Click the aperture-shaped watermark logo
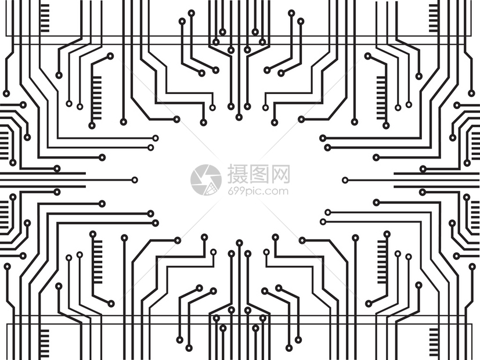tap(205, 179)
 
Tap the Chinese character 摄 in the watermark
tap(238, 174)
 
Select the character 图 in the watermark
tap(259, 174)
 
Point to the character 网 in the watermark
tap(280, 174)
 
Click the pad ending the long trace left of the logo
tap(135, 179)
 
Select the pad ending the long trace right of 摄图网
tap(345, 180)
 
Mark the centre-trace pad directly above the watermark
tap(239, 117)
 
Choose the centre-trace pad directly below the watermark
tap(239, 243)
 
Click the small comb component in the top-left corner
tap(44, 18)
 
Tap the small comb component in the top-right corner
tap(434, 18)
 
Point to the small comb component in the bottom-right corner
tap(434, 342)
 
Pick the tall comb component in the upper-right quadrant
tap(382, 98)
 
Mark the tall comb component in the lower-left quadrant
tap(97, 262)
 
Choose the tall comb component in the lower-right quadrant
tap(382, 262)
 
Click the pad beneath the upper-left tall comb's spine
tap(92, 125)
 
